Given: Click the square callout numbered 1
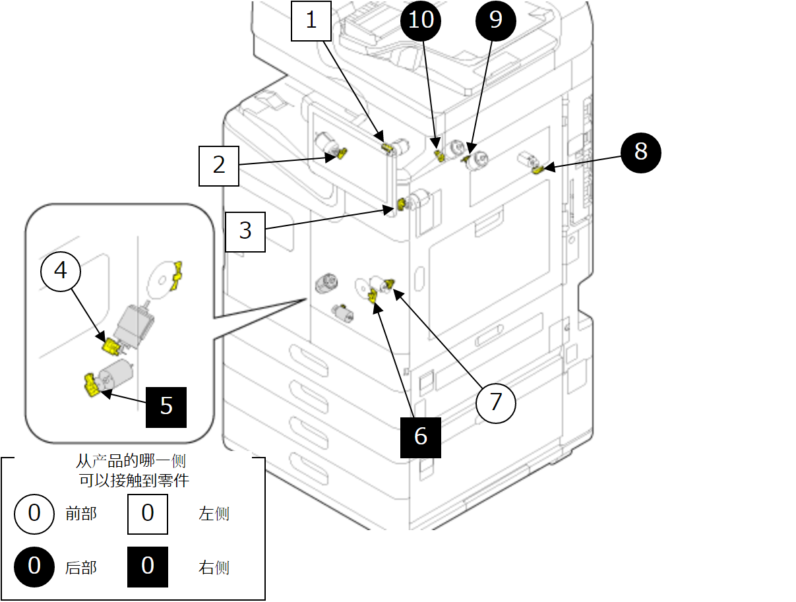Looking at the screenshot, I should pos(311,20).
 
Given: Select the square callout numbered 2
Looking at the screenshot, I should pos(219,165).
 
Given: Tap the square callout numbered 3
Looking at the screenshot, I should pos(245,231).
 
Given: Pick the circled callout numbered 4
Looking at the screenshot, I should pos(61,270).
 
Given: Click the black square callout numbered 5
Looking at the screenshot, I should pos(166,406).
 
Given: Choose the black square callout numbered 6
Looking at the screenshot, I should pos(421,436).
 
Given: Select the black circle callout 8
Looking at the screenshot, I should pos(640,152).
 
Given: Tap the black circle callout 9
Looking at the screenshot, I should pos(496,20).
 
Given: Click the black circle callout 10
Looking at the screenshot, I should pos(421,20).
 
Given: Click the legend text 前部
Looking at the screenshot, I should pos(81,514).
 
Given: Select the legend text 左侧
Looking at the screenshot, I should pos(214,514).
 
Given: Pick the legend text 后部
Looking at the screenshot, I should pos(81,567).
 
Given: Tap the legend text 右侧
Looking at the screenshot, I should pos(214,567).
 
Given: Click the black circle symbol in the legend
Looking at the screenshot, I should pos(34,567).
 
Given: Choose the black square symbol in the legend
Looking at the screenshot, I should pos(148,567).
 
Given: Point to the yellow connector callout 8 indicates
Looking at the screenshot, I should pos(538,169).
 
